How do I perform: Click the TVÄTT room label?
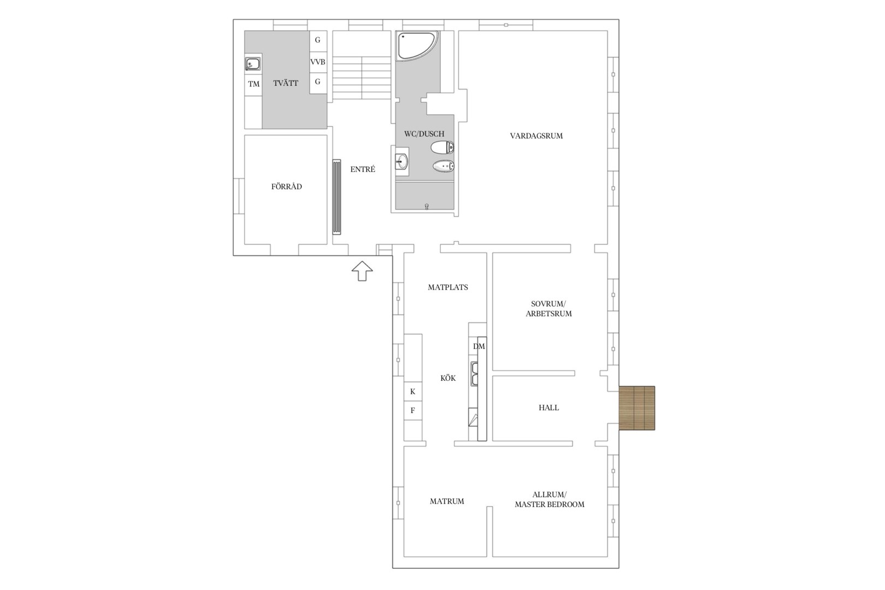click(x=285, y=83)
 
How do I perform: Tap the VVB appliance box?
click(x=317, y=62)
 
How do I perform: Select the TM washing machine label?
click(x=253, y=84)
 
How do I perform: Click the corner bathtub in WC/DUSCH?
click(x=417, y=46)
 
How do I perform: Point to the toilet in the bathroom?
click(x=442, y=147)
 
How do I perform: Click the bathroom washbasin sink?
click(x=402, y=161)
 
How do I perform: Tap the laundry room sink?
click(x=252, y=63)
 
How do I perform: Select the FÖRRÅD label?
click(x=286, y=186)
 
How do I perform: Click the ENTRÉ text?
click(x=363, y=169)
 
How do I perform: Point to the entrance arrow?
click(x=362, y=271)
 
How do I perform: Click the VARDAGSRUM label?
click(x=536, y=136)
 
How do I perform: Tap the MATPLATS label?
click(x=448, y=287)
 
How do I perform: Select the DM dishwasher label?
click(x=479, y=346)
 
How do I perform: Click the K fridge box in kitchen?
click(x=413, y=392)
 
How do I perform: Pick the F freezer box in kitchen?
click(x=413, y=411)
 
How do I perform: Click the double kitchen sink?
click(x=474, y=374)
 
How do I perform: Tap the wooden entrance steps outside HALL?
click(x=637, y=408)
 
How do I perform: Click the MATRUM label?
click(x=447, y=501)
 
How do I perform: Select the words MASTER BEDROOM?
click(x=550, y=504)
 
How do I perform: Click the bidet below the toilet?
click(x=443, y=166)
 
